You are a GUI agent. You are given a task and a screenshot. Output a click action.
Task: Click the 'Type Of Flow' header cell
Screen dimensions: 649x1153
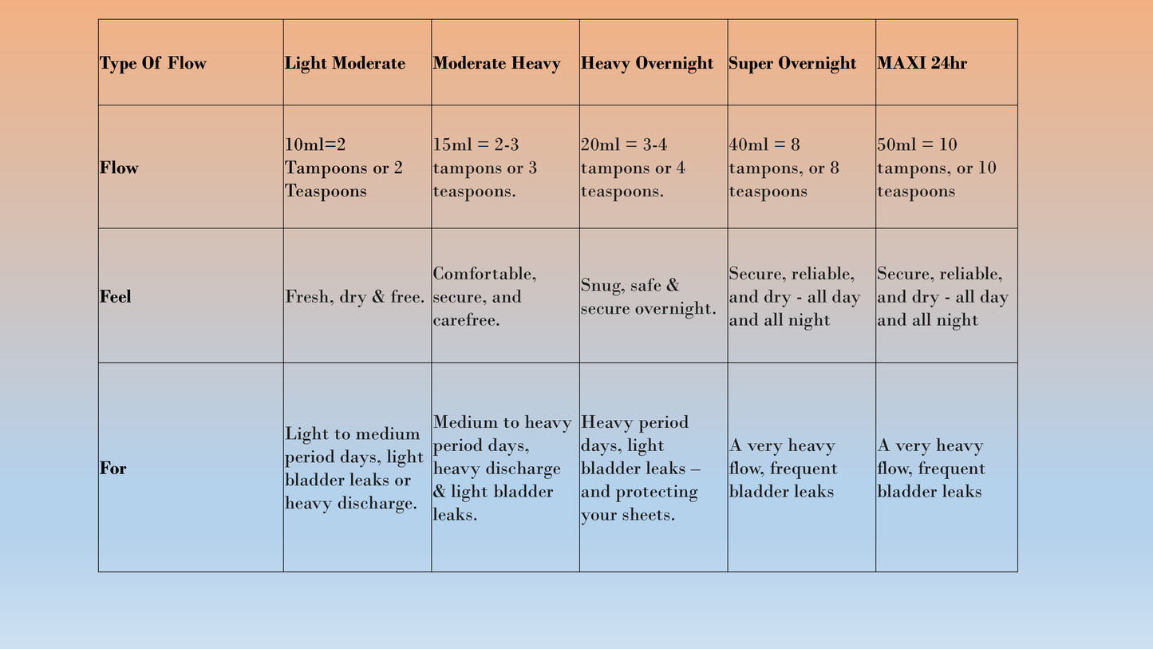click(x=153, y=64)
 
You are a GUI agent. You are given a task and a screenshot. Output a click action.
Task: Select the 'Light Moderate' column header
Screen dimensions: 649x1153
click(x=345, y=64)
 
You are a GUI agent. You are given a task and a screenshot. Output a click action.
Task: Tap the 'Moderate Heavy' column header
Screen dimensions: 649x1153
click(x=496, y=64)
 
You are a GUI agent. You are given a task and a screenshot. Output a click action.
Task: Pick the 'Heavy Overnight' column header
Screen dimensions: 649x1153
click(x=647, y=64)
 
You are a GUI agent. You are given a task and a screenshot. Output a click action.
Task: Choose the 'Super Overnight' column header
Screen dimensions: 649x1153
click(x=792, y=64)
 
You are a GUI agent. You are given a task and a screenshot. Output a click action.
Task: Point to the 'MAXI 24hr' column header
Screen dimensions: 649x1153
click(x=922, y=64)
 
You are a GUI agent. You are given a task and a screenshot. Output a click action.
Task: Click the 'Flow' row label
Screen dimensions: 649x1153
click(x=119, y=168)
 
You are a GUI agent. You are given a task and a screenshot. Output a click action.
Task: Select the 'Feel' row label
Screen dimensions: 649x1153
click(x=116, y=297)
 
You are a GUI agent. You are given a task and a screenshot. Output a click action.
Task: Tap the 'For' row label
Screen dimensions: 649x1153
click(x=113, y=469)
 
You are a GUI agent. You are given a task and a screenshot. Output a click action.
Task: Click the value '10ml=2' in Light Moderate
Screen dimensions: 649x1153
click(x=315, y=145)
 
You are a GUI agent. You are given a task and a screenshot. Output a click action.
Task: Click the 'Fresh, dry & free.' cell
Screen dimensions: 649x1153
click(x=355, y=297)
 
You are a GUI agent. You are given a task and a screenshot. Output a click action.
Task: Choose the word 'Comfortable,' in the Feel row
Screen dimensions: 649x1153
click(x=485, y=274)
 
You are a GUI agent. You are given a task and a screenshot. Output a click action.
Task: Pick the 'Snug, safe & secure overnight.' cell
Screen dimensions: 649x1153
click(x=648, y=297)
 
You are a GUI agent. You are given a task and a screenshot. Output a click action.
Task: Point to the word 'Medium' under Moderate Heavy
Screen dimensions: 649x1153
click(x=465, y=423)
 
